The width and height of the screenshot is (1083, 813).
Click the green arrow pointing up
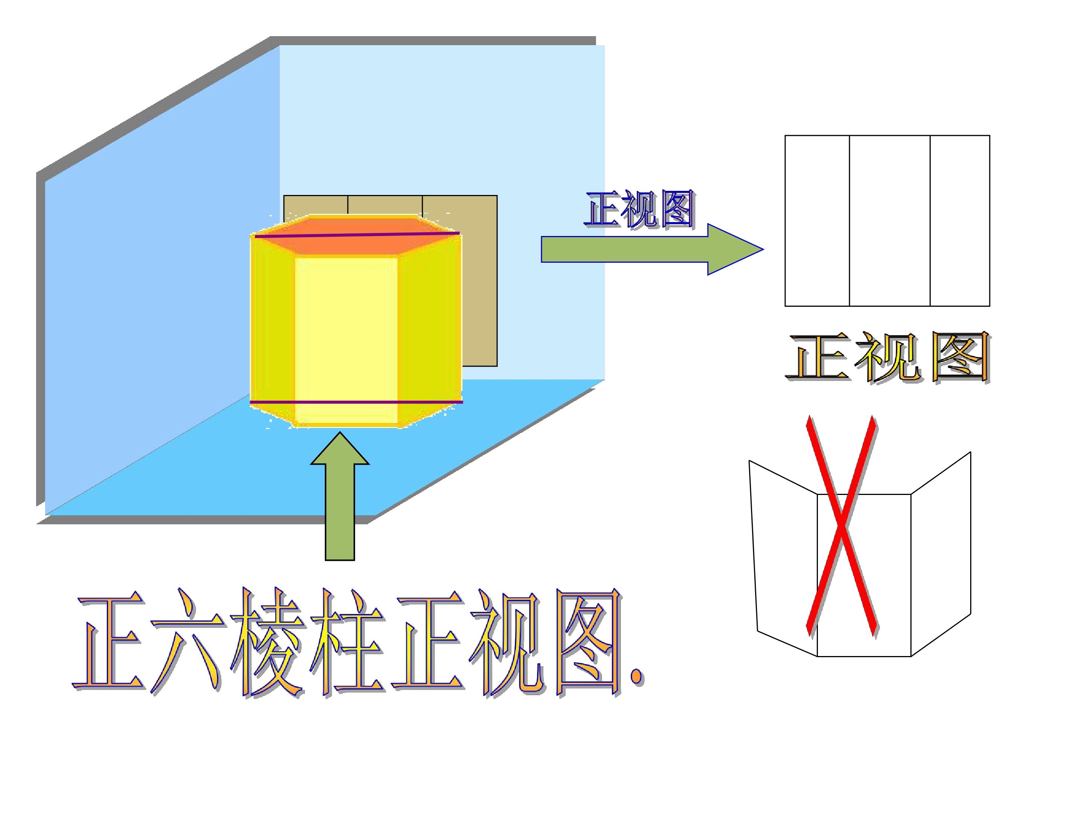pos(340,496)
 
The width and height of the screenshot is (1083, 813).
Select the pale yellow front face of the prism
pos(346,340)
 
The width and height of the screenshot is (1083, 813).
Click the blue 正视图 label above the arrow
pos(639,209)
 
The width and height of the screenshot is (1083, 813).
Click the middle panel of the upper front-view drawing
pos(889,221)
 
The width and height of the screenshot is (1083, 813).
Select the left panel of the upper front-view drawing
pos(817,221)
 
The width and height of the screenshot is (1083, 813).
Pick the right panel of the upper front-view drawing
pos(960,221)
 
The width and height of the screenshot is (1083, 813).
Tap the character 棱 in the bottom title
pos(267,643)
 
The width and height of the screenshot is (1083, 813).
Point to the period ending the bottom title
pos(637,677)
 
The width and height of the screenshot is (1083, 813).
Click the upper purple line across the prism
pos(357,235)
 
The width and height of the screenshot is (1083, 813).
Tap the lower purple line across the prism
pos(356,402)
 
